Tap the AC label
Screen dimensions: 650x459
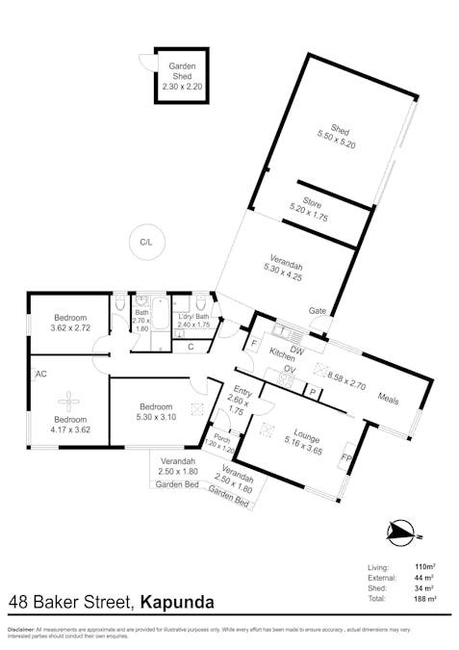coord(41,374)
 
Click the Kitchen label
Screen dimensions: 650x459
coord(281,353)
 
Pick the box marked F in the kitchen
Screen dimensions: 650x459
coord(255,344)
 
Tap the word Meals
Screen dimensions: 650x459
coord(389,400)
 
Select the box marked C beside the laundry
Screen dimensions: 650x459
coord(191,346)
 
